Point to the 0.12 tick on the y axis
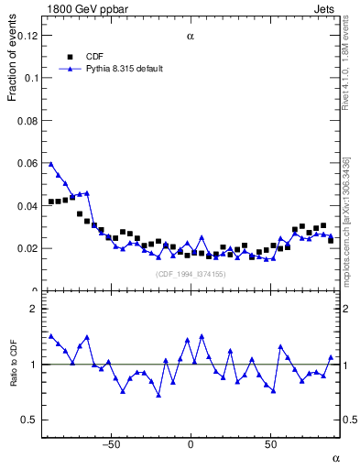28,36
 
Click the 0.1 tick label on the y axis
31,79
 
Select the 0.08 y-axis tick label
28,121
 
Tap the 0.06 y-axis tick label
28,163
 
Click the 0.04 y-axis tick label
28,206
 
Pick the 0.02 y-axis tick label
28,248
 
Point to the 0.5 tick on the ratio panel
30,420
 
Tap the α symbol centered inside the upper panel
191,38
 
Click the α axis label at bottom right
335,457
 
